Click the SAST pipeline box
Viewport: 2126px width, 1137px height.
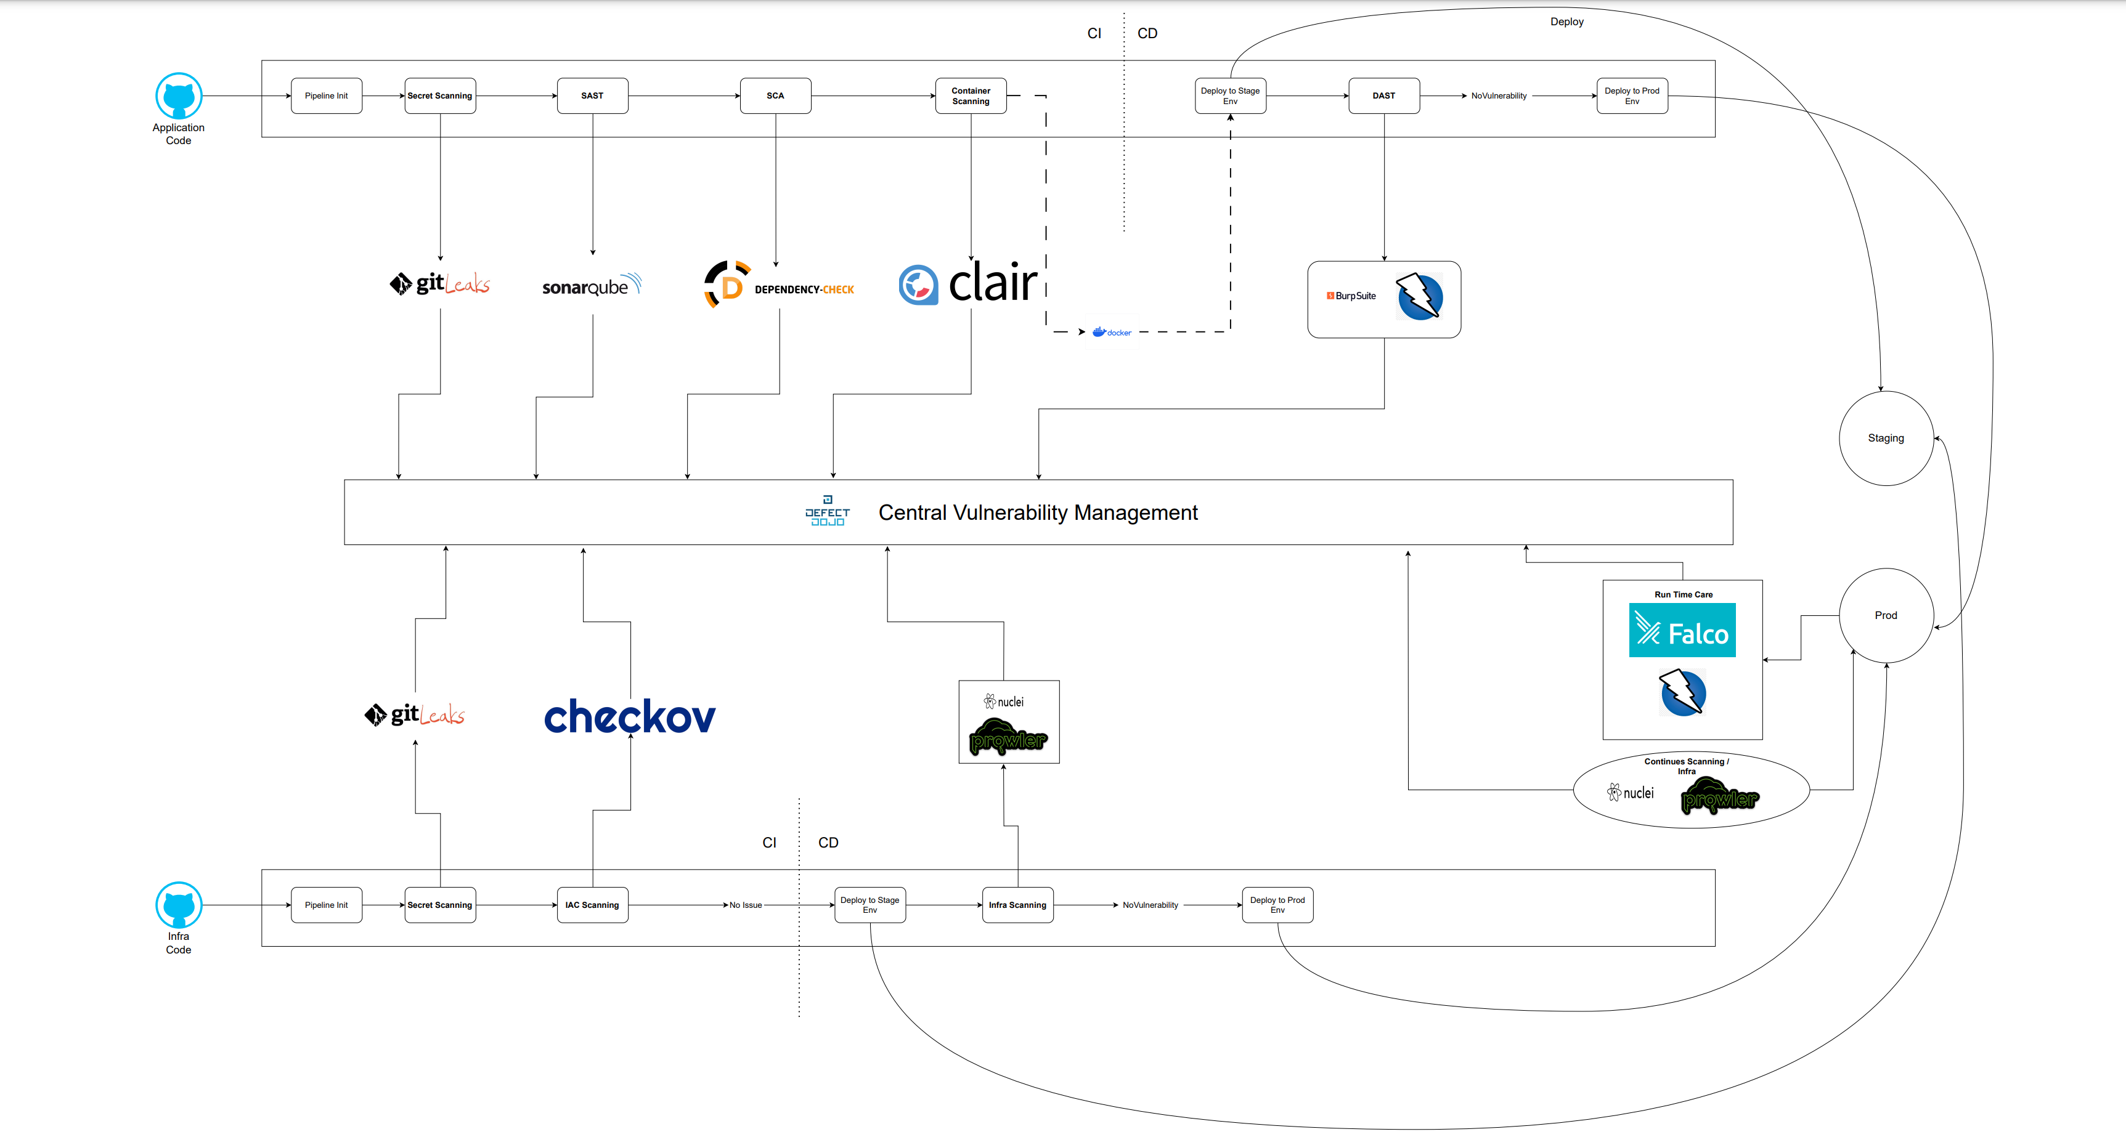[x=592, y=95]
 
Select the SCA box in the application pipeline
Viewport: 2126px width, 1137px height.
[x=775, y=95]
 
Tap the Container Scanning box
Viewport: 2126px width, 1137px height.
[x=971, y=95]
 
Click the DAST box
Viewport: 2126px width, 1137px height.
[x=1383, y=95]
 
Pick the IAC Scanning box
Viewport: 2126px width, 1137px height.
[x=592, y=905]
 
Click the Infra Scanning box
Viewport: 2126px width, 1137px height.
[x=1017, y=905]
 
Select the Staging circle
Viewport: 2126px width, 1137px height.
[x=1886, y=438]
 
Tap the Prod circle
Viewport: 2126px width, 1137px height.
[x=1886, y=615]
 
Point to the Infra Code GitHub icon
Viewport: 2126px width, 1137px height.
[x=178, y=905]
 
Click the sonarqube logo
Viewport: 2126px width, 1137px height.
[x=591, y=286]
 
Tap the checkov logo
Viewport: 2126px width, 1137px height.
[x=630, y=716]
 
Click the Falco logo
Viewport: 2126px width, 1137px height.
[x=1682, y=630]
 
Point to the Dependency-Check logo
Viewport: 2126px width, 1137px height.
[x=779, y=285]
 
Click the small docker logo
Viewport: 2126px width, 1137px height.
[x=1112, y=333]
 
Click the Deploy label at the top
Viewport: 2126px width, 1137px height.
[x=1566, y=22]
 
